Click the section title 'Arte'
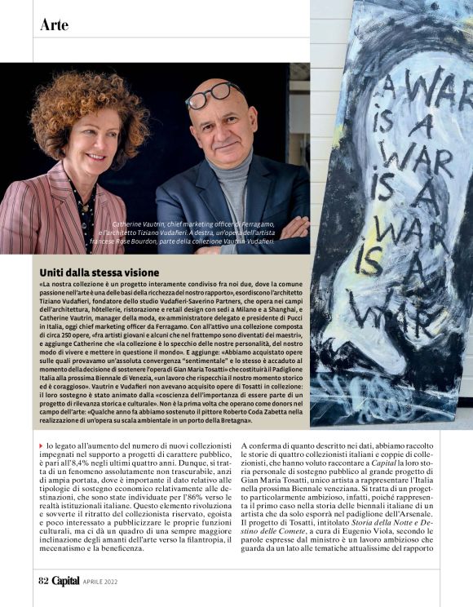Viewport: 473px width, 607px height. point(54,25)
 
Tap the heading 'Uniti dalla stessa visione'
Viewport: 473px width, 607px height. point(99,272)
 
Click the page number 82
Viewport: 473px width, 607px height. point(43,581)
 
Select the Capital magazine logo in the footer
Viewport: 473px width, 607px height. point(67,581)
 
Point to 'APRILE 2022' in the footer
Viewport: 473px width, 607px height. point(104,582)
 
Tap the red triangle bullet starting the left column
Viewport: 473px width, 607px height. point(42,445)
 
